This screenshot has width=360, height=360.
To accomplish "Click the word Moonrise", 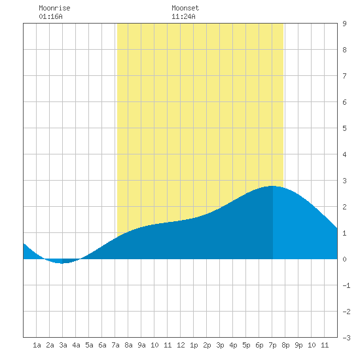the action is (x=54, y=8).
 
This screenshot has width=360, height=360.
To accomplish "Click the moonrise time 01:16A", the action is (x=50, y=16).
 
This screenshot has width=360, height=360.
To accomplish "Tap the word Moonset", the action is (x=185, y=8).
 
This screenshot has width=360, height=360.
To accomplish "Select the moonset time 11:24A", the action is (x=183, y=16).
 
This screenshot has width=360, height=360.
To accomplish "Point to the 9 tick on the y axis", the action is (x=344, y=24).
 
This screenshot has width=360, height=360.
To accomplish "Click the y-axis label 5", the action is (x=344, y=128).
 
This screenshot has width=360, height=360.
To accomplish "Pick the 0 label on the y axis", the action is (x=344, y=259).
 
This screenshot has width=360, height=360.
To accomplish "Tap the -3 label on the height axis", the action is (x=346, y=338).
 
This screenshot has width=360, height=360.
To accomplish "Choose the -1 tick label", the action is (x=346, y=285).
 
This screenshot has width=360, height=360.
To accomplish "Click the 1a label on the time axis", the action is (x=37, y=345).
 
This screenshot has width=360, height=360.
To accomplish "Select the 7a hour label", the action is (x=115, y=345).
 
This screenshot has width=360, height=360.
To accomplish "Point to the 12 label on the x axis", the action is (x=181, y=345).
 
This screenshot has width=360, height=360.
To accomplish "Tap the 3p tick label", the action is (x=220, y=345).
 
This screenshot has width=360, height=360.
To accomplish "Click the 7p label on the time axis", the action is (x=272, y=345).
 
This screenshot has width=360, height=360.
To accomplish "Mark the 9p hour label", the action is (x=298, y=345).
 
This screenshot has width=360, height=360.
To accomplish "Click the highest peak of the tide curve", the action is (x=272, y=186).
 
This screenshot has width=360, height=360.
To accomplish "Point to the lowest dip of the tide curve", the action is (x=62, y=263).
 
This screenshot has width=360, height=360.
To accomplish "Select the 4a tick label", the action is (x=76, y=345).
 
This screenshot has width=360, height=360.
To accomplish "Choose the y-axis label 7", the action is (x=344, y=76).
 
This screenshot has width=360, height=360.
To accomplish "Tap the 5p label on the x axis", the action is (x=246, y=345).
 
